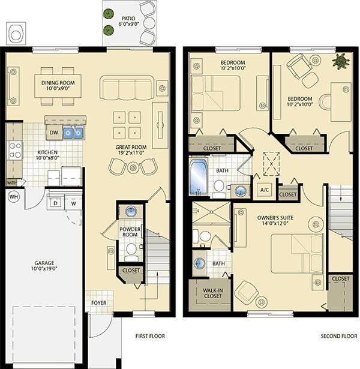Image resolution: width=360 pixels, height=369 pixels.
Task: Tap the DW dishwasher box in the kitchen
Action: [53, 132]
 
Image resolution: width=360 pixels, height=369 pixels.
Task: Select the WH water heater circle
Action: [13, 196]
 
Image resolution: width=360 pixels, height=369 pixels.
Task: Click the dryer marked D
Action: [55, 203]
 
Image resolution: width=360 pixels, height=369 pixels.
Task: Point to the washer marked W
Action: [74, 203]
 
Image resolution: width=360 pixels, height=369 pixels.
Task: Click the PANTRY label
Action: [11, 182]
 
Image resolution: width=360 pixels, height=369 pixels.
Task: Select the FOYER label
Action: [98, 303]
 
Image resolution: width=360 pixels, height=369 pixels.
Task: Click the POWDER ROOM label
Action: [130, 232]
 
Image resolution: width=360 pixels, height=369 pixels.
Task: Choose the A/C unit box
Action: [263, 191]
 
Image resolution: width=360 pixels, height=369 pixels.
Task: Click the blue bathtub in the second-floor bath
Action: [199, 177]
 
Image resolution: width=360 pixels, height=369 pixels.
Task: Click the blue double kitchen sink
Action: [73, 132]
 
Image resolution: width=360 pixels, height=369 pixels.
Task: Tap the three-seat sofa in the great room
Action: [127, 88]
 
